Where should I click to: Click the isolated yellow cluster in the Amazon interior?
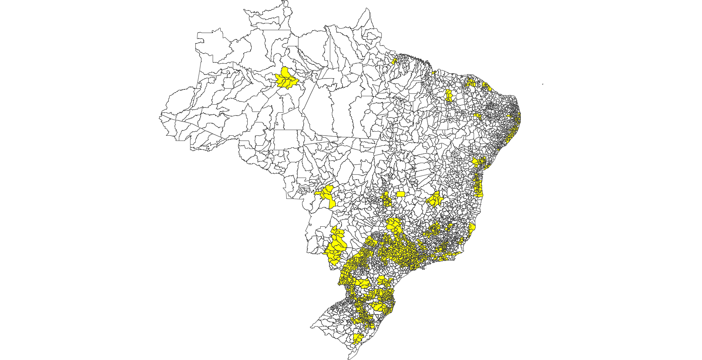point(286,79)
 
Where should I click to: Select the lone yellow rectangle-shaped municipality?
point(401,194)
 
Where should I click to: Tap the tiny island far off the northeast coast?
point(543,84)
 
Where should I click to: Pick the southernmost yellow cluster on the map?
point(357,338)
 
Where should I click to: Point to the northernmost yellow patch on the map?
point(395,61)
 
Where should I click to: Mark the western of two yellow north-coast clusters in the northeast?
point(471,83)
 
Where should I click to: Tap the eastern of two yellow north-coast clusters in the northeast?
point(486,86)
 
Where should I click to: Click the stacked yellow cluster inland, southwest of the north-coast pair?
point(449,95)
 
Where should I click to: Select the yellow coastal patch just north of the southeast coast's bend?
point(472,228)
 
